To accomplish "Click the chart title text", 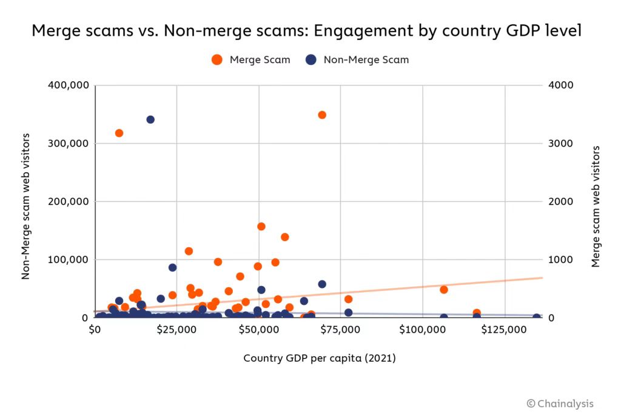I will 306,31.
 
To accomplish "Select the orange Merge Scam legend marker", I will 217,59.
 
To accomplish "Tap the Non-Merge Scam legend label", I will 366,59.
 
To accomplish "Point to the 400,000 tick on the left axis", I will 67,85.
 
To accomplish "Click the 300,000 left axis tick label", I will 67,143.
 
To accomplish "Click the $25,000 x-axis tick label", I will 176,330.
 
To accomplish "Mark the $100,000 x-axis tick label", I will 423,330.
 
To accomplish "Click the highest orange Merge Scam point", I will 322,115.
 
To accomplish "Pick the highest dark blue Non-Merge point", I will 150,119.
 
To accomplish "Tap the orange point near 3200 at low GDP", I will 119,133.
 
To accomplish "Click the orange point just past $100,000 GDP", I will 443,289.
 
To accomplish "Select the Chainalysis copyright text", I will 560,404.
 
